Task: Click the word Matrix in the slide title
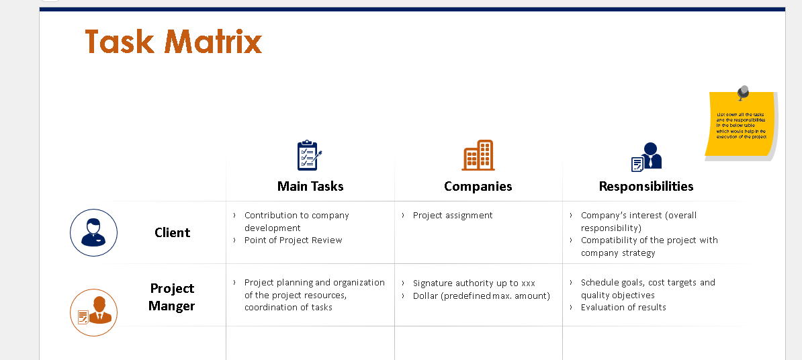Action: (x=213, y=42)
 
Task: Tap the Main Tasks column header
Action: (x=310, y=186)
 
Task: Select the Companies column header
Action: (x=478, y=186)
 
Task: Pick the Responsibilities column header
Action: (x=645, y=186)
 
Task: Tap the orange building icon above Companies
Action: (x=478, y=155)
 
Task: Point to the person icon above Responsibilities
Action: (x=647, y=156)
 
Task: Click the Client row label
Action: (x=172, y=232)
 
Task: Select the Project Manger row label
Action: (x=172, y=297)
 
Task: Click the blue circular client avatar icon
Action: (x=94, y=232)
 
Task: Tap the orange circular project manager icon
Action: (x=94, y=312)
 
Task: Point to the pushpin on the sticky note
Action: (x=742, y=93)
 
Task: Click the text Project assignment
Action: (x=452, y=216)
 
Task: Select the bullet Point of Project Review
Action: (x=293, y=240)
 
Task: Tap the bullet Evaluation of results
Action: (x=623, y=308)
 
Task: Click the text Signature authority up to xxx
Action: (x=474, y=283)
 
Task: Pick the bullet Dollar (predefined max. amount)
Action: (x=481, y=296)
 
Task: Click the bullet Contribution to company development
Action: (x=296, y=222)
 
